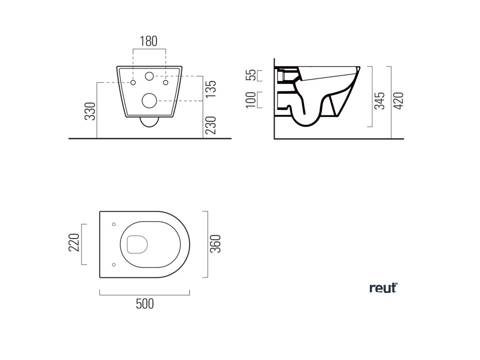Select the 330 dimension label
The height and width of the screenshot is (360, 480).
point(90,111)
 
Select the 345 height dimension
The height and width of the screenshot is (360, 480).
point(380,100)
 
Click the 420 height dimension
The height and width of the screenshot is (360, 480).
point(399,100)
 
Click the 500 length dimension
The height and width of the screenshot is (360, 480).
point(145,304)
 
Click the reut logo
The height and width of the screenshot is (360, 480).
point(383,288)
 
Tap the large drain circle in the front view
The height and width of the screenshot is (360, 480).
point(149,100)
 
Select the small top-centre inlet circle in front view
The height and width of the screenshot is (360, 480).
point(150,76)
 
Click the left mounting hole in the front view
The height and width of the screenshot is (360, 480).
point(133,83)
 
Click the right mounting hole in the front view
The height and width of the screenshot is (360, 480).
point(165,83)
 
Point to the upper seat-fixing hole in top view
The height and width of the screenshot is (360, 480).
point(114,224)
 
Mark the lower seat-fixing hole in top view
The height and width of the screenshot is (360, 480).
point(114,265)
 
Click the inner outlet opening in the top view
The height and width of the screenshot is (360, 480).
point(137,244)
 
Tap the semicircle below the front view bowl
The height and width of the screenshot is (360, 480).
point(149,122)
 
